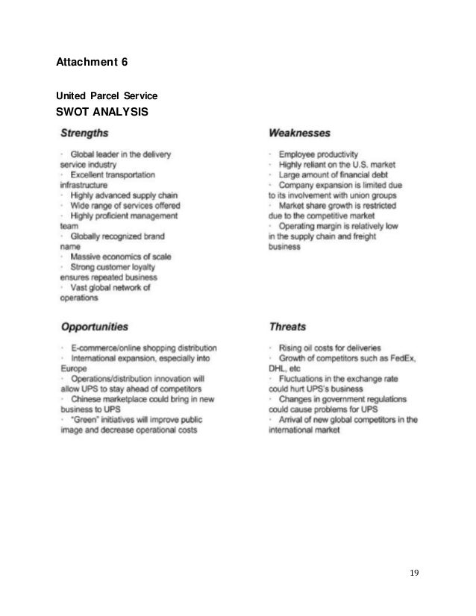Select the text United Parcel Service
click(x=107, y=96)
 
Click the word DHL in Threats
click(x=278, y=368)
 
